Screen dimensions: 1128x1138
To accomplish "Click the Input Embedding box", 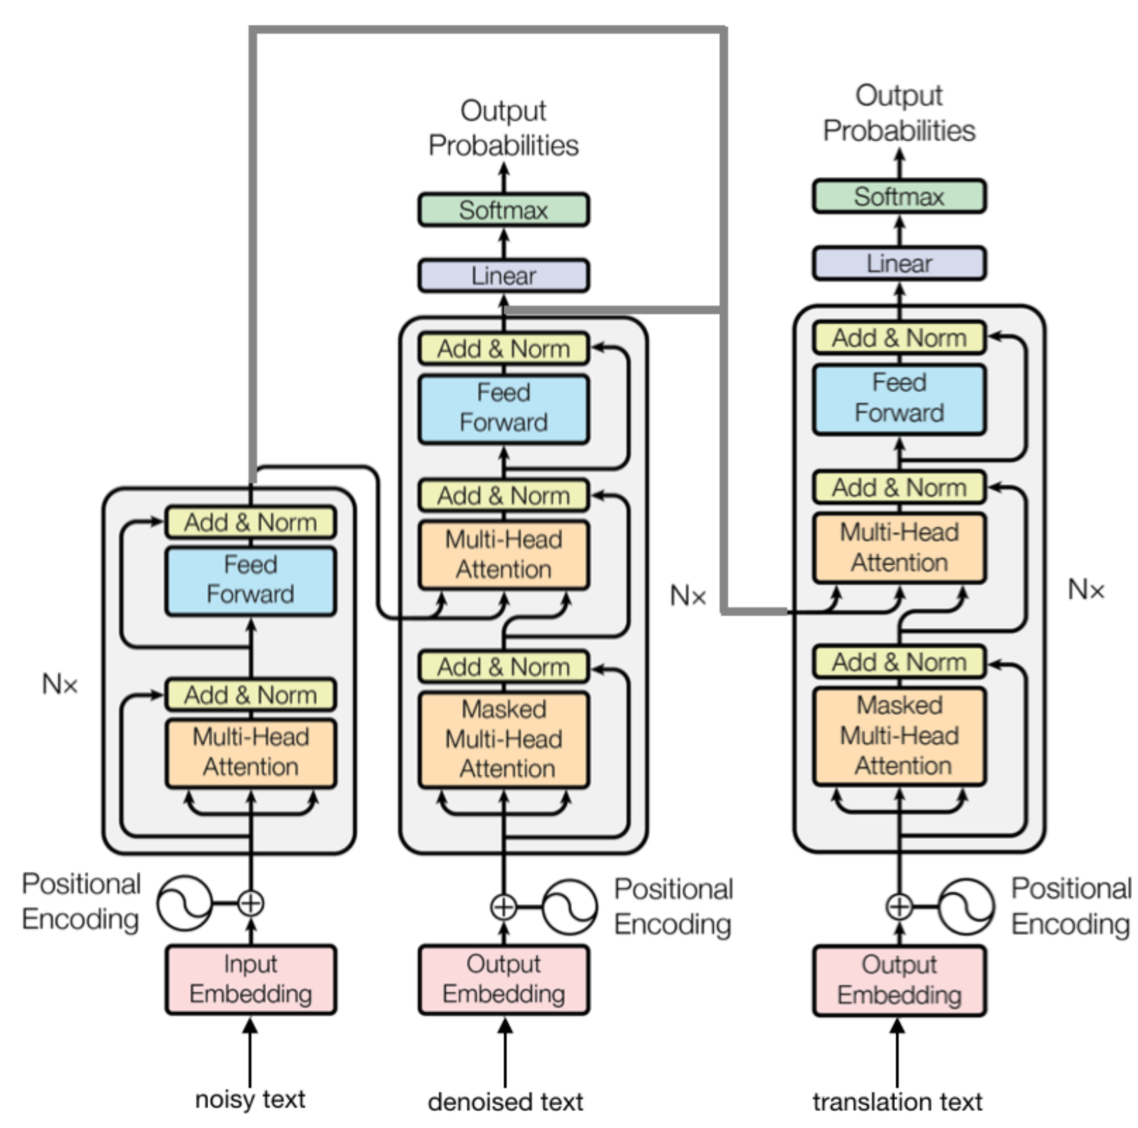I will [250, 979].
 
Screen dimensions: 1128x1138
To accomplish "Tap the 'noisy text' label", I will [250, 1098].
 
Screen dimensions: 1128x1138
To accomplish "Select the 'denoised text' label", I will [505, 1101].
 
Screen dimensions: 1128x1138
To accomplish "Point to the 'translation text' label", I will [897, 1101].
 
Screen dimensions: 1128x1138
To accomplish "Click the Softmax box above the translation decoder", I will [899, 197].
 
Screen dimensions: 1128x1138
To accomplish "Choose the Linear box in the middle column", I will [504, 275].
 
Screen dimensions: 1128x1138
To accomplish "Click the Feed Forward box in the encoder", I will [250, 580].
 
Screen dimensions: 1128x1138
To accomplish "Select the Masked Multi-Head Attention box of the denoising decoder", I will [504, 739].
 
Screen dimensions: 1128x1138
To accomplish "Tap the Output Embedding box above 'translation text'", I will [899, 980].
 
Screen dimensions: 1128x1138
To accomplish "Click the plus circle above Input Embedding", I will [251, 903].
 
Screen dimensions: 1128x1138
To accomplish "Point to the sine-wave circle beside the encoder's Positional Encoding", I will [184, 903].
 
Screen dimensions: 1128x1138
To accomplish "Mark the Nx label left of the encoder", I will [60, 684].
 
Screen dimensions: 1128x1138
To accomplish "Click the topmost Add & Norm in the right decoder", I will [899, 338].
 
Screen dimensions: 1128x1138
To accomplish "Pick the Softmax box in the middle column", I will [504, 210].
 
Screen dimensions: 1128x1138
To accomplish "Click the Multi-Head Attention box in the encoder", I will [250, 752].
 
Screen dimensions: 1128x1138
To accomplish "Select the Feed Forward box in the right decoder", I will [899, 398].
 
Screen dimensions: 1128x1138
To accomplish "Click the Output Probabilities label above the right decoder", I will [899, 113].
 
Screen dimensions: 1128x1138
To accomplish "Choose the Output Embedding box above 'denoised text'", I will [504, 979].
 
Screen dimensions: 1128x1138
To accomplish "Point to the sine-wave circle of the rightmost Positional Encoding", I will [966, 906].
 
